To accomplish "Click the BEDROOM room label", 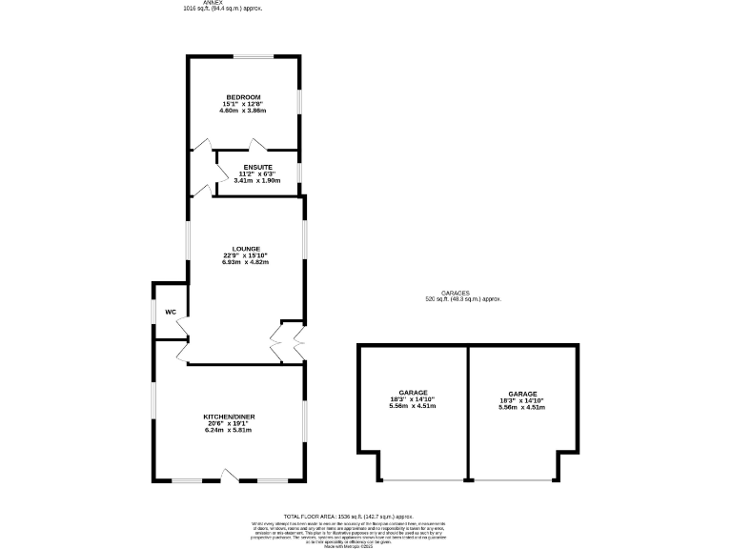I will [x=243, y=96].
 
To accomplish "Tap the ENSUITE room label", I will [x=257, y=167].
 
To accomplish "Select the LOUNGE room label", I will [x=246, y=249].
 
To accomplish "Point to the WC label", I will [x=171, y=312].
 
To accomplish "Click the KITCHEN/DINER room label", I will [x=229, y=417].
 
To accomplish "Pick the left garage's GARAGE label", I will [x=414, y=393].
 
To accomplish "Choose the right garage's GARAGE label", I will [x=522, y=394].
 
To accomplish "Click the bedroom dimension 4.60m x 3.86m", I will [x=243, y=111].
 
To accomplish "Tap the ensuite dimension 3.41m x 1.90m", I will [x=257, y=180].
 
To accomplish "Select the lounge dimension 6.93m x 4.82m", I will [x=246, y=262].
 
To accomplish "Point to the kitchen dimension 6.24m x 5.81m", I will [x=229, y=430].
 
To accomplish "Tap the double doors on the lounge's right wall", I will [x=288, y=337].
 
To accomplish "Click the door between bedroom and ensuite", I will [x=256, y=145].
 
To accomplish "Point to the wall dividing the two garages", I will [x=467, y=412].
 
